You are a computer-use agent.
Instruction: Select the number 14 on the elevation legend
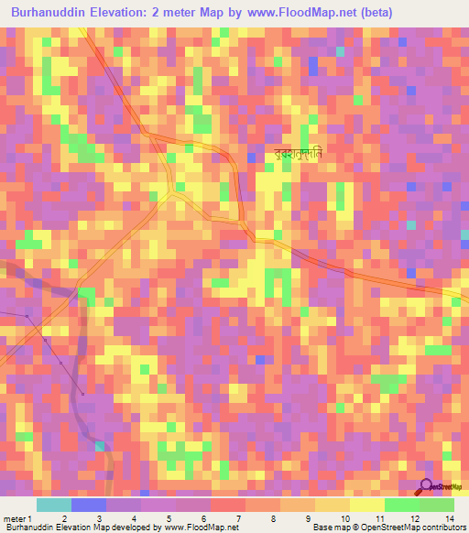(449, 519)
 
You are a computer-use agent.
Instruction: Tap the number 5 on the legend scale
(170, 519)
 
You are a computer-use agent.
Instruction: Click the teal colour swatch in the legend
(53, 505)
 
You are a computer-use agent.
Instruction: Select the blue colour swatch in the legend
(88, 505)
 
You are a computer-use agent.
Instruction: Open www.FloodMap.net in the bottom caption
(201, 528)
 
